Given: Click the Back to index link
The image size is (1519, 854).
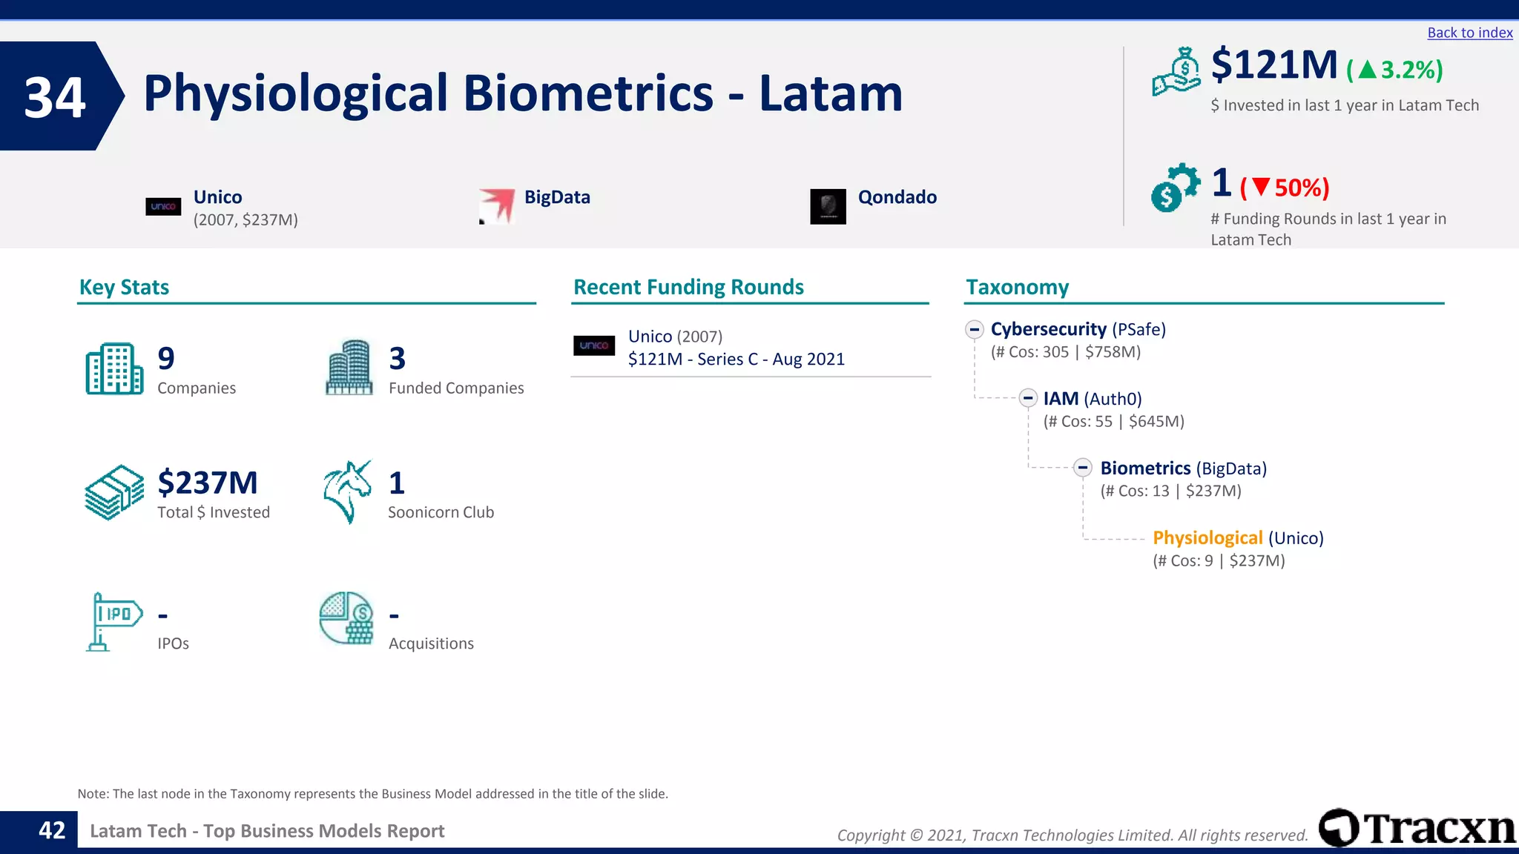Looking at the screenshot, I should (x=1469, y=33).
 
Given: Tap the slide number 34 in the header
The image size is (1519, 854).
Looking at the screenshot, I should (x=55, y=97).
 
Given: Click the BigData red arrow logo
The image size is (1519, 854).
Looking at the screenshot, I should (x=497, y=205).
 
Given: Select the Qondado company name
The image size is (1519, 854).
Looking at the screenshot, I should (x=897, y=197).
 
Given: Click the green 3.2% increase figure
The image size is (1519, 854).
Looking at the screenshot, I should (x=1395, y=70).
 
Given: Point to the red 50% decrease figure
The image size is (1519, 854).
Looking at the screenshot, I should (x=1285, y=188).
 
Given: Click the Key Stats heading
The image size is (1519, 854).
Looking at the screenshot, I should (x=124, y=287).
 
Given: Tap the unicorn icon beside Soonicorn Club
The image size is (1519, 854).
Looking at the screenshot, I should (x=347, y=491).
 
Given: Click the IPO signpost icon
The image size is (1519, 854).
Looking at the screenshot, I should (x=113, y=621).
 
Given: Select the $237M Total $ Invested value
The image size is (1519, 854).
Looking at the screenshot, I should (x=208, y=483).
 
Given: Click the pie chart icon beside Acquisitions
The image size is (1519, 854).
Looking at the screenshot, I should (x=346, y=618).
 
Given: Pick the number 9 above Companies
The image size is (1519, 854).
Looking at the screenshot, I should (x=166, y=359).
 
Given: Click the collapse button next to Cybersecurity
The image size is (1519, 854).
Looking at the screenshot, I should (x=975, y=329).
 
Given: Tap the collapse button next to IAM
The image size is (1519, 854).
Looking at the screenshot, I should (x=1027, y=399).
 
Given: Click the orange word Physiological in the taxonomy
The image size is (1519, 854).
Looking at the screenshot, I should (x=1207, y=538).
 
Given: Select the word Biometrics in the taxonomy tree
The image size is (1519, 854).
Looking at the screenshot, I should (x=1145, y=469).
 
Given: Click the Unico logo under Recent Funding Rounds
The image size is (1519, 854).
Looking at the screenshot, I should (x=594, y=345).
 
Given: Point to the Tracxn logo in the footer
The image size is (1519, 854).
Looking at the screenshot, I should (x=1417, y=828).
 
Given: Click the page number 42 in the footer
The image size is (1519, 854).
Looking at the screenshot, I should (x=52, y=830).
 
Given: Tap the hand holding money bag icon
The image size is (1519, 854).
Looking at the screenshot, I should (x=1176, y=71).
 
